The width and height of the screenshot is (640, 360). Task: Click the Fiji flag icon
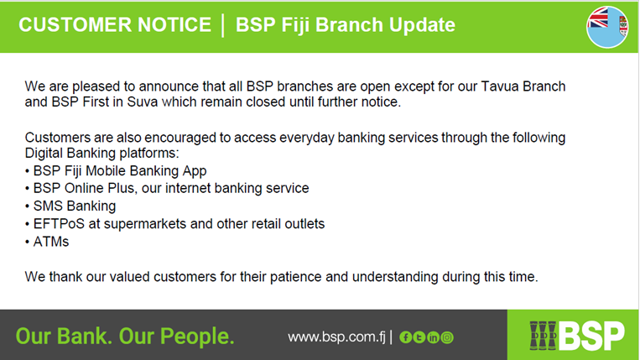pos(607,27)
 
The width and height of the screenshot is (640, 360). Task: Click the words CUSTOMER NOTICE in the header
pos(115,24)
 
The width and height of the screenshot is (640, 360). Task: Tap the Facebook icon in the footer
pos(405,337)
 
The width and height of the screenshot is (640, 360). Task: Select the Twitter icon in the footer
pos(419,337)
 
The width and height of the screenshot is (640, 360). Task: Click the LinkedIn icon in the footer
pos(433,337)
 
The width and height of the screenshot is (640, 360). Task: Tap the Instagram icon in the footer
pos(447,337)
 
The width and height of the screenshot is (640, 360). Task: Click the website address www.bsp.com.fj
pos(336,337)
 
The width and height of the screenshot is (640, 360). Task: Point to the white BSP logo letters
pos(592,336)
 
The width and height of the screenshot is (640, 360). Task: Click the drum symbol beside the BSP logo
pos(543,336)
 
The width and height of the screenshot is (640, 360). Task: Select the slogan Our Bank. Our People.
pos(125,337)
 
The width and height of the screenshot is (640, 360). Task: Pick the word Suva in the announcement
pos(143,102)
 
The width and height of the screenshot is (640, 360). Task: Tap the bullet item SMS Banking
pos(75,206)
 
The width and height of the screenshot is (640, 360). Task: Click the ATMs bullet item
pos(51,242)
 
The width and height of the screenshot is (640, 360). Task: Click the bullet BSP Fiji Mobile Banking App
pos(120,170)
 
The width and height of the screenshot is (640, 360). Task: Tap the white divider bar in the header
pos(223,25)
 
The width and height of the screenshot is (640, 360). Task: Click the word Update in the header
pos(422,25)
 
